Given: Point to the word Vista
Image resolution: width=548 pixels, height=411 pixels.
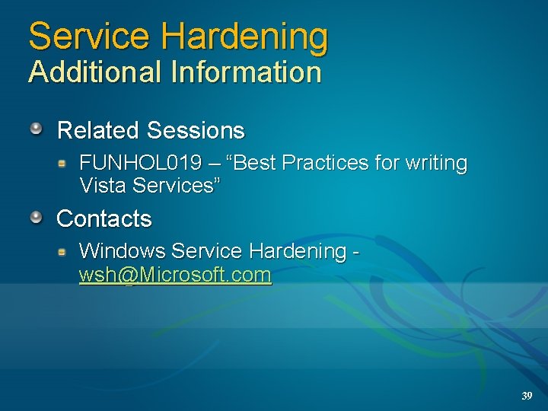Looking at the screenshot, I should click(x=103, y=185).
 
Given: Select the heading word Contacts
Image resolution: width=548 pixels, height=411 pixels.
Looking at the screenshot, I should click(x=104, y=219).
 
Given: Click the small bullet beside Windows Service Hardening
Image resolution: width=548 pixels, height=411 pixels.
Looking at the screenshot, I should click(x=65, y=250).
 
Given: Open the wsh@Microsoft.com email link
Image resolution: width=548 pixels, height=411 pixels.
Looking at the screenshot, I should click(x=175, y=275).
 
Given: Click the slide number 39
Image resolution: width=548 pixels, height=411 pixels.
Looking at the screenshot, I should click(x=527, y=396).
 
